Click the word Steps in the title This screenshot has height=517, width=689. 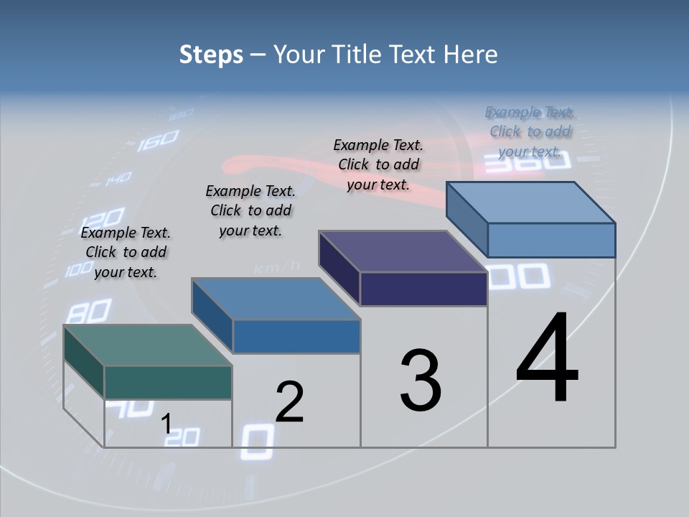pos(211,55)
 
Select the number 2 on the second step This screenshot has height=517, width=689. pos(289,402)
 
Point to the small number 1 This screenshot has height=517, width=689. pos(166,424)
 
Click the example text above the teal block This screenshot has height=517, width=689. pos(126,252)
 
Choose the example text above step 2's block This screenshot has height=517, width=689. pos(250,210)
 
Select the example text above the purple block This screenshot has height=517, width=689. pos(378,164)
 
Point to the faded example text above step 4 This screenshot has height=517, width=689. pos(530,131)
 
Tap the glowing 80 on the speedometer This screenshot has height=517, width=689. pos(89,312)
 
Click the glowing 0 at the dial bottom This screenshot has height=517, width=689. pos(257,442)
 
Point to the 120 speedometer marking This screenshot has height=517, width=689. pos(105,217)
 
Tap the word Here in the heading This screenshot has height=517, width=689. pos(471,55)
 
